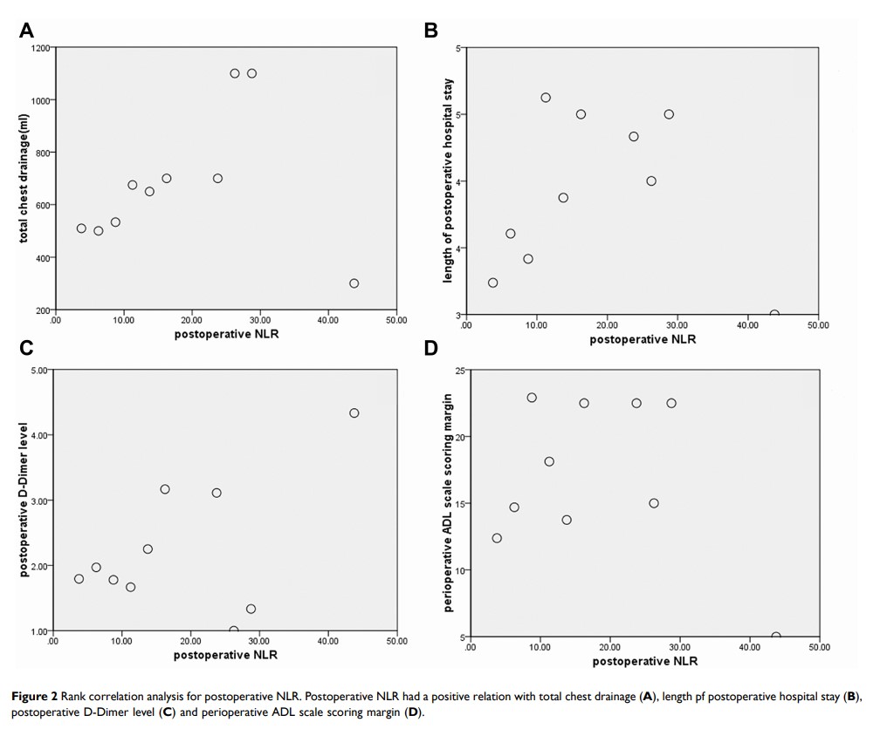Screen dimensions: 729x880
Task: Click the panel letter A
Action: pyautogui.click(x=27, y=31)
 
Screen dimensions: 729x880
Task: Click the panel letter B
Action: pyautogui.click(x=430, y=31)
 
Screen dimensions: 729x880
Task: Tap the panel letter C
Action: pyautogui.click(x=27, y=349)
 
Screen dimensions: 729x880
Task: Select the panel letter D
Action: pyautogui.click(x=430, y=349)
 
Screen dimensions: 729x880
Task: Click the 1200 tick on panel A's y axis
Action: pyautogui.click(x=40, y=47)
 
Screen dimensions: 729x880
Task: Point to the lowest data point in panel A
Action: pyautogui.click(x=354, y=283)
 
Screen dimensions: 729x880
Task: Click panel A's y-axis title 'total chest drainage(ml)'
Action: pyautogui.click(x=24, y=179)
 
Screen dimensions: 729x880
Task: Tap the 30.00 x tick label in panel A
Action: pyautogui.click(x=260, y=320)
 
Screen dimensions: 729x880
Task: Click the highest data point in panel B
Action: pyautogui.click(x=546, y=98)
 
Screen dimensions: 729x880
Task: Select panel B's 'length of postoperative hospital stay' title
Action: pyautogui.click(x=448, y=181)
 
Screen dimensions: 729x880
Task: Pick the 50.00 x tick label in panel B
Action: pyautogui.click(x=818, y=325)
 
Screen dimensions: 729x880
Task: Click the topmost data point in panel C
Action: pyautogui.click(x=354, y=413)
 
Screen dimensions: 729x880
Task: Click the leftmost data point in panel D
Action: pyautogui.click(x=497, y=538)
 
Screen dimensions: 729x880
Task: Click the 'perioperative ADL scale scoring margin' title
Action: pyautogui.click(x=448, y=504)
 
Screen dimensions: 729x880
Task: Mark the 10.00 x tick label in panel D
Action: pyautogui.click(x=540, y=649)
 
